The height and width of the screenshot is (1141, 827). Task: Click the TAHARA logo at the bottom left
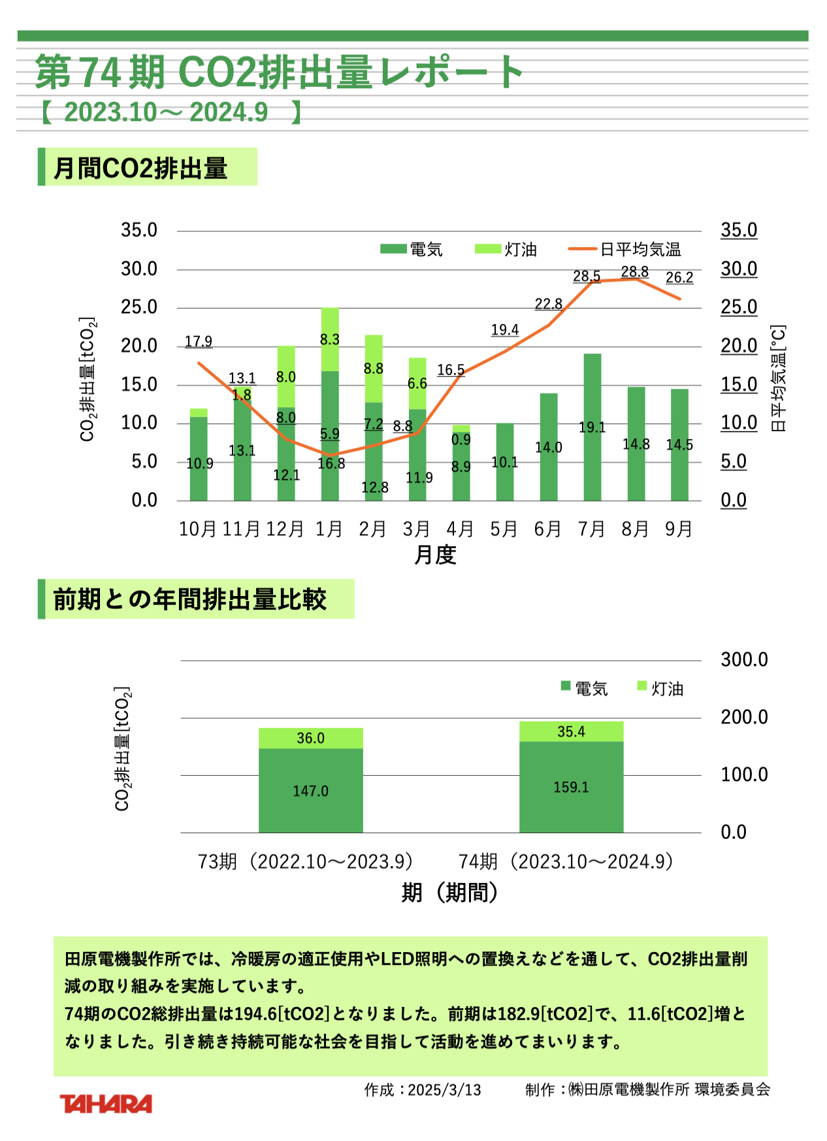click(x=106, y=1104)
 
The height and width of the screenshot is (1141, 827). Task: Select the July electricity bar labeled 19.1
click(x=592, y=427)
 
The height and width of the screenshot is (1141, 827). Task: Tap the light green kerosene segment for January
click(x=330, y=339)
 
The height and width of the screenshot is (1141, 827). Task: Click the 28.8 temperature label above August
click(x=634, y=272)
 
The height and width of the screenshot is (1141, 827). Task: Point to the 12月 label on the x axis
click(x=285, y=529)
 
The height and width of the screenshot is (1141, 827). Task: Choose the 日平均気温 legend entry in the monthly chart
click(x=625, y=250)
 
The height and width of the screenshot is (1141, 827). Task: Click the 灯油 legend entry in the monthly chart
click(x=507, y=250)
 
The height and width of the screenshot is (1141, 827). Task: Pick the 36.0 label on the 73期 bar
click(x=310, y=738)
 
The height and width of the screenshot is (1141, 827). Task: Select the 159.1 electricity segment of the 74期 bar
click(x=571, y=787)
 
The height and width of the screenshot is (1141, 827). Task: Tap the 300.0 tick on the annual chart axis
click(x=744, y=659)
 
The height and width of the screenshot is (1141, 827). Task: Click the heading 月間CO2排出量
click(x=140, y=168)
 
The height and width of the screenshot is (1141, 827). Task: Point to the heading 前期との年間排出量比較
click(x=190, y=599)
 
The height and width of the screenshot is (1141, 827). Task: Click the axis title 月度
click(x=435, y=555)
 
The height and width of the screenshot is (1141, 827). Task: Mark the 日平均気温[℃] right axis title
click(x=778, y=378)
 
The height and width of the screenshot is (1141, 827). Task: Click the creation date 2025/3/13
click(x=444, y=1090)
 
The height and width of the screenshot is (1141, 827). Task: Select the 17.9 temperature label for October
click(x=199, y=342)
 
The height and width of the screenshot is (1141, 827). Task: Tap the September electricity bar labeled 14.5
click(x=679, y=444)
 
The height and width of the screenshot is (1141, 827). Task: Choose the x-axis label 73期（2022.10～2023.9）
click(x=306, y=861)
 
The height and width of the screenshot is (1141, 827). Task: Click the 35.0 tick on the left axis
click(x=139, y=230)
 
